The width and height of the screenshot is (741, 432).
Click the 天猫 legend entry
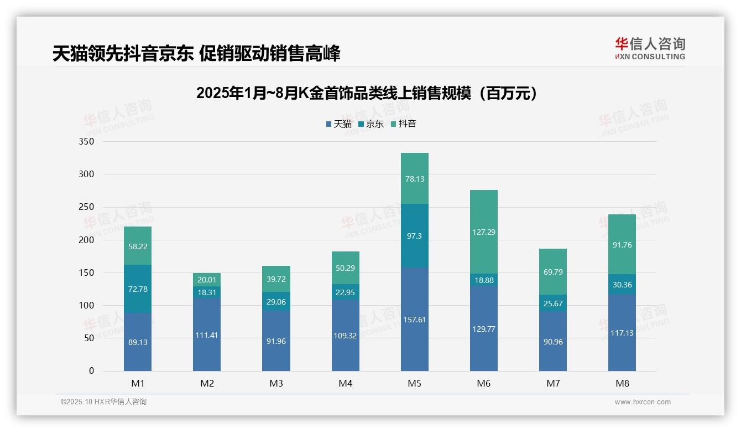click(x=338, y=124)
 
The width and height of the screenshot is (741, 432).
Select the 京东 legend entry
click(x=370, y=124)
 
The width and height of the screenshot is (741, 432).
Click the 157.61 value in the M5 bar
click(x=414, y=320)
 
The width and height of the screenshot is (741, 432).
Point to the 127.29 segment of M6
click(x=483, y=232)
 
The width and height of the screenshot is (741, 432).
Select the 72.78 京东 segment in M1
click(x=138, y=289)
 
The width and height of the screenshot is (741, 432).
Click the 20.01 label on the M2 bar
click(x=207, y=279)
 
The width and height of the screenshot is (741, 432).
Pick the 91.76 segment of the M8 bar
click(x=622, y=244)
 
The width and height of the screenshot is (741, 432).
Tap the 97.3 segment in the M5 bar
click(x=414, y=236)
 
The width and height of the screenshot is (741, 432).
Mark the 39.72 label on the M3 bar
click(x=276, y=277)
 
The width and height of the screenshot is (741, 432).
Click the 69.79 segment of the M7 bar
click(x=552, y=272)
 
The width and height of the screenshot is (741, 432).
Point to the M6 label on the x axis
click(x=483, y=383)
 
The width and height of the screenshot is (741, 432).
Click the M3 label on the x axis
click(x=276, y=383)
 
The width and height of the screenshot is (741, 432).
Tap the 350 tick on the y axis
click(x=87, y=142)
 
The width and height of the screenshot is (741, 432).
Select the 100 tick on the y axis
click(x=87, y=305)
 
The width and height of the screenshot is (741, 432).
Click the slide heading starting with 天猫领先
click(x=196, y=54)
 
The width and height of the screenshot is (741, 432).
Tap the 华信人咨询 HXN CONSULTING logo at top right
click(x=650, y=49)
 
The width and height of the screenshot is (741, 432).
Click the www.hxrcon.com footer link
click(x=643, y=402)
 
